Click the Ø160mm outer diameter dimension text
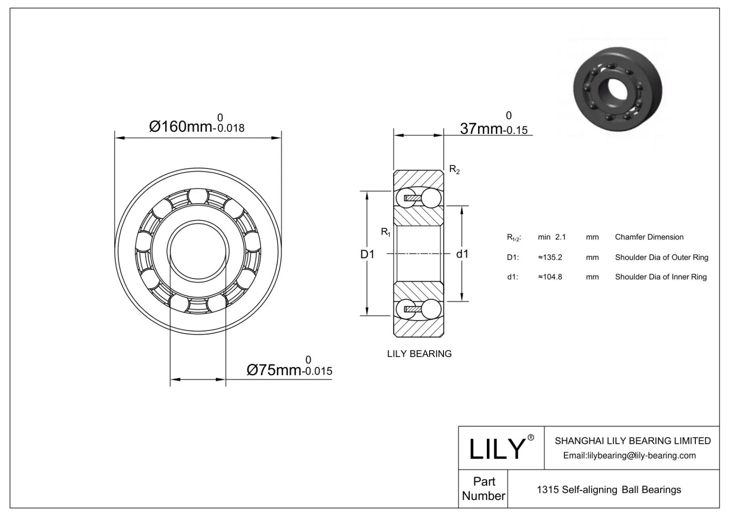click(x=181, y=126)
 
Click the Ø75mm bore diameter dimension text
click(x=274, y=370)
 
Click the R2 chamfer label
click(x=454, y=170)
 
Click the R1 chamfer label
click(x=386, y=232)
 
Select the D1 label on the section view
click(x=367, y=254)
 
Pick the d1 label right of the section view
click(x=462, y=254)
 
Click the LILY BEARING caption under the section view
click(x=419, y=354)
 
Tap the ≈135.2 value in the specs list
click(x=550, y=257)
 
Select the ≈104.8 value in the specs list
click(x=550, y=277)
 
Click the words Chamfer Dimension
click(x=649, y=237)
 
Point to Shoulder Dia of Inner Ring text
click(x=660, y=277)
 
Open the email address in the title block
click(x=629, y=455)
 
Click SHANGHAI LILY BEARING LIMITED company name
click(x=632, y=441)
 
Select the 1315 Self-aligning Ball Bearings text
click(x=609, y=490)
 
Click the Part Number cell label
click(x=484, y=489)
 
